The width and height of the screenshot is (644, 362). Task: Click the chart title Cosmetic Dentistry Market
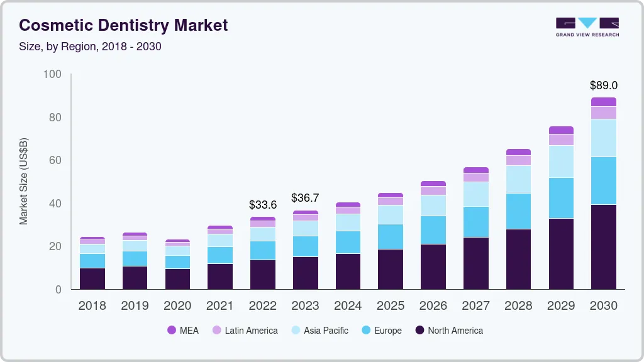pos(123,25)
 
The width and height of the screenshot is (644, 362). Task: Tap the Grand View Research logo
pos(587,26)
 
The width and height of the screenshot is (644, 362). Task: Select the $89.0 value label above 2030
pos(603,85)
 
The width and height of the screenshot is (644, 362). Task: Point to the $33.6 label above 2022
pos(263,205)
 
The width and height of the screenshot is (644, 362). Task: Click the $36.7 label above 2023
pos(305,198)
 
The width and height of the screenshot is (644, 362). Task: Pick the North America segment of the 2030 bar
pos(603,247)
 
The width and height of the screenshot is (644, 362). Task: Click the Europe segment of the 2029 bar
pos(561,198)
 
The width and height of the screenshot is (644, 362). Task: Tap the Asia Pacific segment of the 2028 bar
pos(518,179)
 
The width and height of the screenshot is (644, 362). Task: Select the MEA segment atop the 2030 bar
pos(603,102)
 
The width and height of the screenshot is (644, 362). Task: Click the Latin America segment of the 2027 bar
pos(475,177)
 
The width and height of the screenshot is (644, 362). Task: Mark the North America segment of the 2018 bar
pos(92,278)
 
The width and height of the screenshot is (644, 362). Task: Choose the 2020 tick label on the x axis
pos(177,306)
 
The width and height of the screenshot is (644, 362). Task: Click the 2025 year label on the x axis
pos(391,306)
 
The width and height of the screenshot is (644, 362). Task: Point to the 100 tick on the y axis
pos(52,74)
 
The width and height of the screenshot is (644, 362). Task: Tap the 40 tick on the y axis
pos(55,204)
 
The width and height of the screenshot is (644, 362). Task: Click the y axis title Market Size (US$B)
pos(23,181)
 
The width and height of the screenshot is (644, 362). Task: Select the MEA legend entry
pos(183,331)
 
